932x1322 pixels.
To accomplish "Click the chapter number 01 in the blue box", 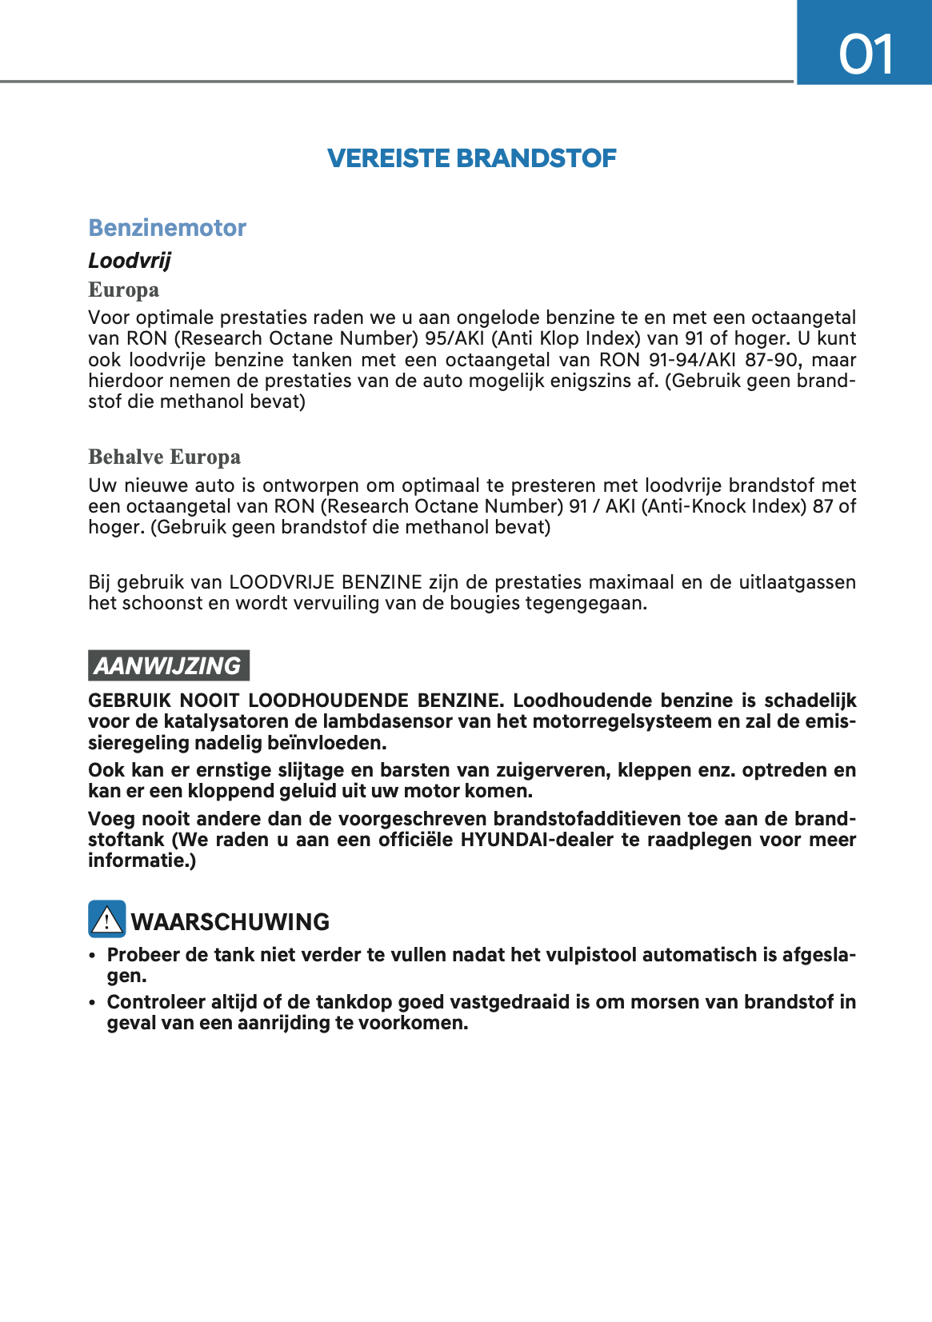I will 866,54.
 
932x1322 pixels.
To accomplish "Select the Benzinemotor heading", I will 167,228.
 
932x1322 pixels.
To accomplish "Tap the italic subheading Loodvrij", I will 130,261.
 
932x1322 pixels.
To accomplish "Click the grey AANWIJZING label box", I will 168,665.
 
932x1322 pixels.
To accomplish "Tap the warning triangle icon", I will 106,919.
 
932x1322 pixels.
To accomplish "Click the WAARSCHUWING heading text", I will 230,922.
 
